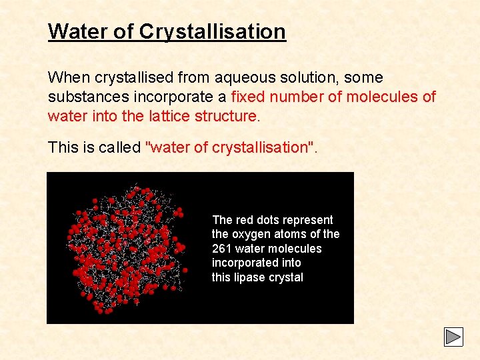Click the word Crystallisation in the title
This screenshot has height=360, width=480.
click(x=213, y=31)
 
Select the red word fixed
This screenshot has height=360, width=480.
click(x=248, y=97)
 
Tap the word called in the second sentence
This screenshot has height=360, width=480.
click(x=120, y=147)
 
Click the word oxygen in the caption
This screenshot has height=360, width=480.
click(x=251, y=234)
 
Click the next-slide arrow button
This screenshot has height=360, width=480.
click(x=453, y=337)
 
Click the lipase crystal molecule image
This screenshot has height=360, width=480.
click(x=127, y=247)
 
